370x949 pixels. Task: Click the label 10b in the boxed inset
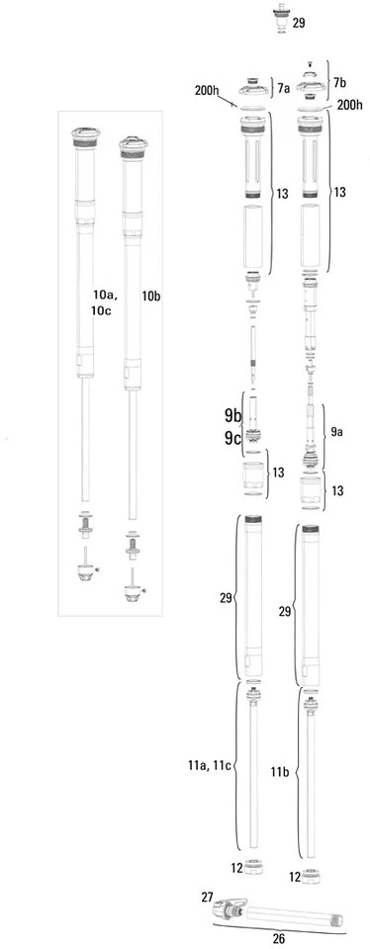pyautogui.click(x=150, y=297)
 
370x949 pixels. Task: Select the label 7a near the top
pyautogui.click(x=283, y=88)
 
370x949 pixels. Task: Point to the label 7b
pyautogui.click(x=339, y=82)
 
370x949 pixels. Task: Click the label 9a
pyautogui.click(x=336, y=432)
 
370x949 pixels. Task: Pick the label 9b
pyautogui.click(x=232, y=416)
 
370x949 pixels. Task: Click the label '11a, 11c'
pyautogui.click(x=209, y=765)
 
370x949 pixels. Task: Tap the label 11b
pyautogui.click(x=280, y=772)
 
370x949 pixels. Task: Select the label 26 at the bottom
pyautogui.click(x=279, y=939)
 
